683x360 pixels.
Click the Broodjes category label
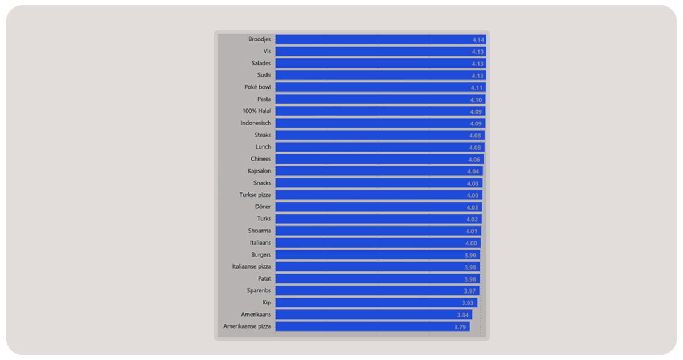(x=260, y=39)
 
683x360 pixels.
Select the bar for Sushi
(x=380, y=76)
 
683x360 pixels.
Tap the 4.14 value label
(x=477, y=40)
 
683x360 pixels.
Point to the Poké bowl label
(x=257, y=87)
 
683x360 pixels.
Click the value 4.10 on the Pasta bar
(x=476, y=100)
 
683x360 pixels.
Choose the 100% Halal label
(x=257, y=111)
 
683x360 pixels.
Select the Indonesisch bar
(x=380, y=123)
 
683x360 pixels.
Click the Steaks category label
(x=263, y=135)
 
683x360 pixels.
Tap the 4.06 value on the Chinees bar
(x=474, y=160)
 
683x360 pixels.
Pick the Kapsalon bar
(x=379, y=171)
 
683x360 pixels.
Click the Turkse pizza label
(x=255, y=195)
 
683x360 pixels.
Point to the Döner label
(x=263, y=207)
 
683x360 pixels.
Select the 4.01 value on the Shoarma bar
(x=472, y=231)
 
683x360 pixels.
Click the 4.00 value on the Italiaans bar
(x=472, y=243)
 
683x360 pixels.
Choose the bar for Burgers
(x=377, y=255)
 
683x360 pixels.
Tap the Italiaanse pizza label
(x=252, y=266)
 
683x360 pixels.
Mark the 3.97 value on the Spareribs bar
(x=470, y=291)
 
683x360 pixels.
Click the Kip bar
(x=376, y=303)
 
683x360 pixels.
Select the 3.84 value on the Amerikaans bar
(x=463, y=315)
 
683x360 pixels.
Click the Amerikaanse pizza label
(x=247, y=326)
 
